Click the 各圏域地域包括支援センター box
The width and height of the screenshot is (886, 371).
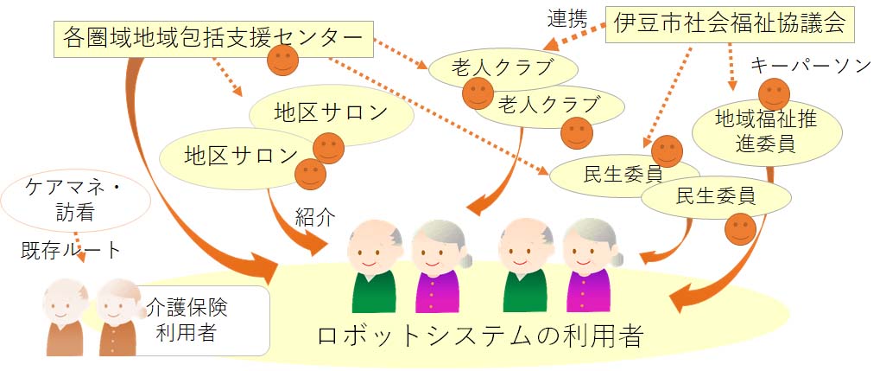(213, 39)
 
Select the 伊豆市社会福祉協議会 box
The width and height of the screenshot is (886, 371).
(730, 24)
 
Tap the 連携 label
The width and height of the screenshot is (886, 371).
(567, 19)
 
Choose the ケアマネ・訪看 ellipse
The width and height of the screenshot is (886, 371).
(75, 201)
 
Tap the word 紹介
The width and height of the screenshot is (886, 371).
(315, 216)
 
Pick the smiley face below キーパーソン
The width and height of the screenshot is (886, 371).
(774, 94)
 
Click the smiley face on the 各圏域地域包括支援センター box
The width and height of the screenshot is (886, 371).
(282, 60)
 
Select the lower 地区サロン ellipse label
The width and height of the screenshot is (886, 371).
(241, 156)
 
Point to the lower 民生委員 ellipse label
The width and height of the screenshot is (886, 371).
(716, 196)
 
